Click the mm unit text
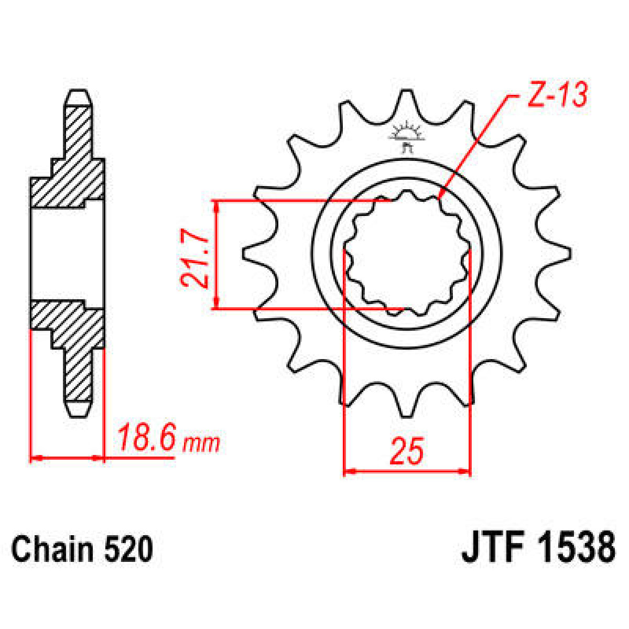coord(201,443)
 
